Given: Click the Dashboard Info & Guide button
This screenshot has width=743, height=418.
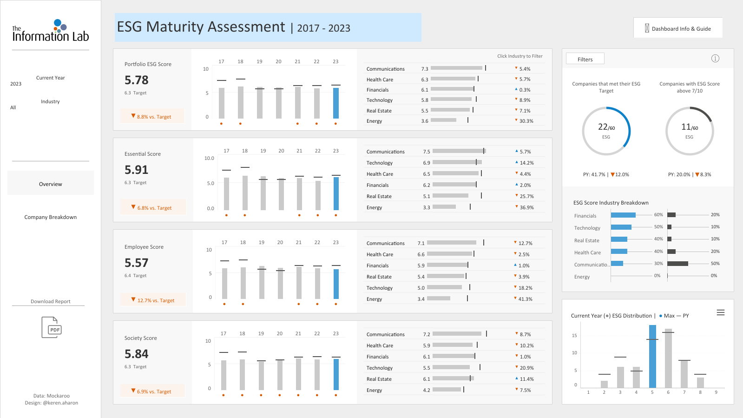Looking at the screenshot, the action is (677, 28).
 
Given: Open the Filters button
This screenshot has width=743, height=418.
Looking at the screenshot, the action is (585, 59).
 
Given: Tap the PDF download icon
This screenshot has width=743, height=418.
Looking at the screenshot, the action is (52, 327).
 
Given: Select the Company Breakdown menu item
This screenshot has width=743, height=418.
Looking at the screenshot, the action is (51, 217).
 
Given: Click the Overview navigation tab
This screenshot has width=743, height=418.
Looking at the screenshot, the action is (51, 184).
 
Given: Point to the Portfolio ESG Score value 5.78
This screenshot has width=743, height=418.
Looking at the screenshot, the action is (136, 80).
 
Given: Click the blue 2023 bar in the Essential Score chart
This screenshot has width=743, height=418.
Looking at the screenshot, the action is (336, 193).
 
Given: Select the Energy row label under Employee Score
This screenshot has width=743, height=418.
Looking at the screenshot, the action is (374, 299).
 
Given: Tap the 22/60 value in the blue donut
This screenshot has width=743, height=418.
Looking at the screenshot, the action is (606, 127).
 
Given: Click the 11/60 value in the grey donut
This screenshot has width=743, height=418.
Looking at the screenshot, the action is (690, 127).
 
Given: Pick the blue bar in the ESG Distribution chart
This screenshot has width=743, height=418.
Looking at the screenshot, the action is (652, 357).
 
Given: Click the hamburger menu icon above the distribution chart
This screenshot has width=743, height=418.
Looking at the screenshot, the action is (720, 312).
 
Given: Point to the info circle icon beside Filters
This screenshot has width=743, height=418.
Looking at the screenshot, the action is (715, 59).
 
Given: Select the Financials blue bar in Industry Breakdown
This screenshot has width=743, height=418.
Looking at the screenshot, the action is (623, 215).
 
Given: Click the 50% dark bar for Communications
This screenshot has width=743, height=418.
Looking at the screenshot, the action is (677, 264).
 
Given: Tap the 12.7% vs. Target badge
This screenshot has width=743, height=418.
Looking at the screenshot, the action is (153, 300).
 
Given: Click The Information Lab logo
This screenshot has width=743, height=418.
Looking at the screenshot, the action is (51, 31).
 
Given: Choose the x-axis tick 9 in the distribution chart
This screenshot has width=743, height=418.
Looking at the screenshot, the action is (716, 392).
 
